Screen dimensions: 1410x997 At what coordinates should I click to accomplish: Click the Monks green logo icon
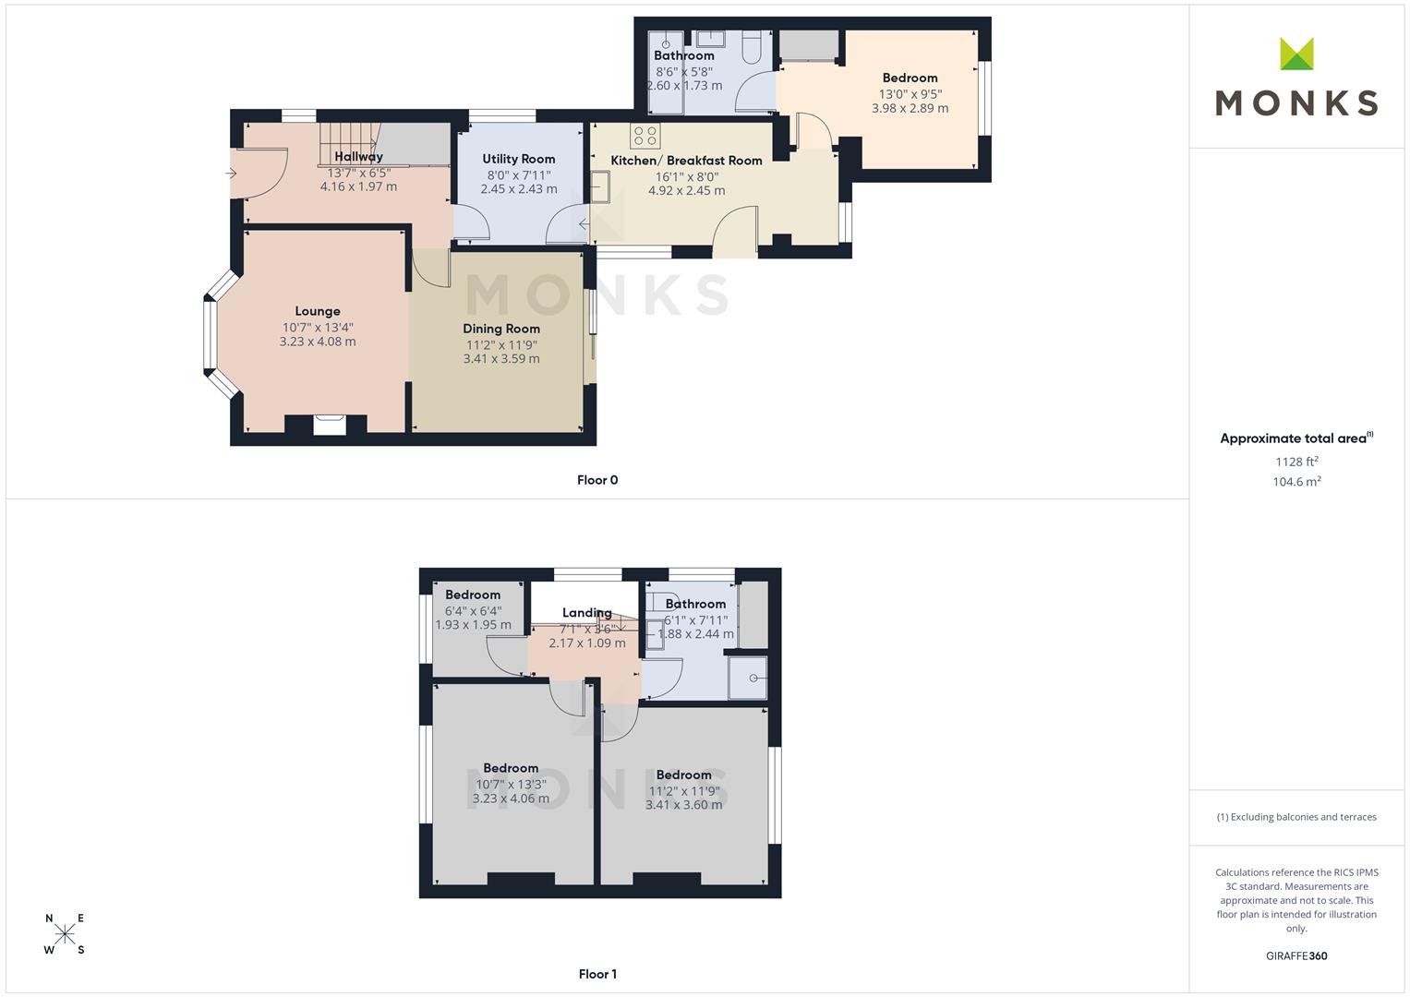tap(1296, 54)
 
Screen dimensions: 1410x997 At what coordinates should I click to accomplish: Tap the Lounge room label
tap(318, 311)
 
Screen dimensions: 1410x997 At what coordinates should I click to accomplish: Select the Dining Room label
tap(501, 329)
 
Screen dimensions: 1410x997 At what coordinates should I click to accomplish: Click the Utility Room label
tap(519, 159)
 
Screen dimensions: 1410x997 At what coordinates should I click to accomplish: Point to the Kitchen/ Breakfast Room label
tap(686, 161)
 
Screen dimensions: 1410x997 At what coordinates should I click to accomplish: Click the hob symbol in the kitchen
tap(645, 136)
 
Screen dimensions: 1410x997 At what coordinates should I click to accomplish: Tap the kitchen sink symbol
tap(600, 186)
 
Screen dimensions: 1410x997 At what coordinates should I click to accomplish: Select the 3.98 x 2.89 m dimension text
tap(910, 108)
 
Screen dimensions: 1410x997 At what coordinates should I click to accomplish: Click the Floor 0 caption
tap(597, 480)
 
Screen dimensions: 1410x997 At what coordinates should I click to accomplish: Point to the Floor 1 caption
tap(597, 974)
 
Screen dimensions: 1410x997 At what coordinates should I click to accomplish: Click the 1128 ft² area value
tap(1296, 462)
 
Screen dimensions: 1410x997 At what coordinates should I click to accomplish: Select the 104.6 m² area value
tap(1296, 482)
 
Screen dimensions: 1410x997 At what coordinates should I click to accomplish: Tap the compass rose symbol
tap(65, 933)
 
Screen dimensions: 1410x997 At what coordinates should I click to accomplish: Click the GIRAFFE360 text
tap(1296, 956)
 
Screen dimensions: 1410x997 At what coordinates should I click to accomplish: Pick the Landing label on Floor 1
tap(586, 612)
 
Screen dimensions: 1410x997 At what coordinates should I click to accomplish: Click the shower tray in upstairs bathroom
tap(748, 678)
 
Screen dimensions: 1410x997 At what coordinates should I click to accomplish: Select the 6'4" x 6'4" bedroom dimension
tap(473, 611)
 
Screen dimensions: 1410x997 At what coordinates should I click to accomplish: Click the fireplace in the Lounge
tap(330, 425)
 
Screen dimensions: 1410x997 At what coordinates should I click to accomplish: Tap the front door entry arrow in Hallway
tap(231, 174)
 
